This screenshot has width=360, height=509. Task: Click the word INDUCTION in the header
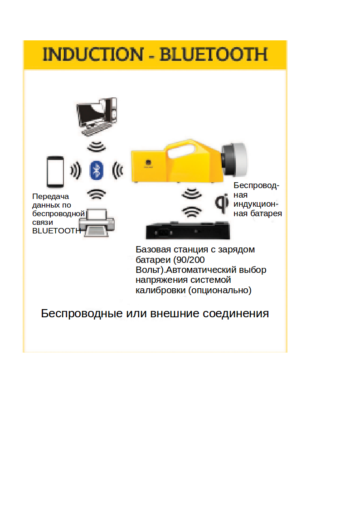(x=93, y=54)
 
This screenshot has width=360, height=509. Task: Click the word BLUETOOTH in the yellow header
(x=214, y=54)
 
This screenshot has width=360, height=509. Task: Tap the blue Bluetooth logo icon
(x=97, y=170)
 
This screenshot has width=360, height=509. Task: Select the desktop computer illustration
(x=97, y=116)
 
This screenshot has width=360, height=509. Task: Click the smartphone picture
(x=55, y=172)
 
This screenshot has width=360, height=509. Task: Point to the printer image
(x=97, y=223)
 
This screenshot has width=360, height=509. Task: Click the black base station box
(x=188, y=231)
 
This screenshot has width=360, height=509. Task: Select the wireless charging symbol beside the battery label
(x=222, y=203)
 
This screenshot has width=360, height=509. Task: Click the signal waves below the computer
(x=97, y=147)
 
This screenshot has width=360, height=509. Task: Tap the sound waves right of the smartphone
(x=76, y=170)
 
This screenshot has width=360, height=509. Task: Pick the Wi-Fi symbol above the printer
(x=97, y=194)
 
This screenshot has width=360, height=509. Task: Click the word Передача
(x=51, y=196)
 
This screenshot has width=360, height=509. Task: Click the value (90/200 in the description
(x=189, y=260)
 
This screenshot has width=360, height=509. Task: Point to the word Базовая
(x=153, y=249)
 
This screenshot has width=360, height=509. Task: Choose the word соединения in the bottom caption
(x=236, y=314)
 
